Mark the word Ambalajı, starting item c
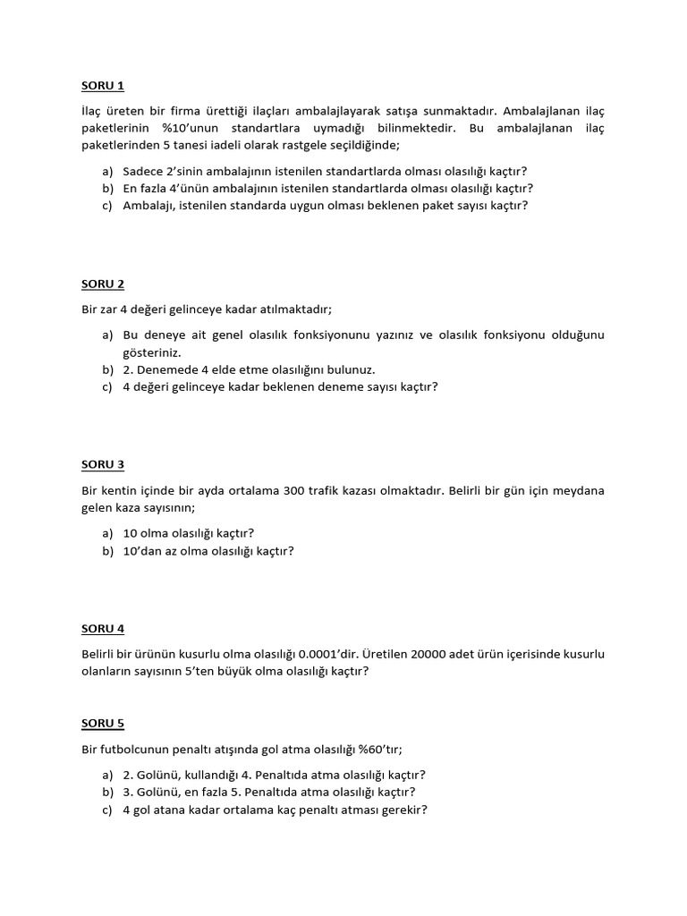149,205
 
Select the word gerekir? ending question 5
403,810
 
